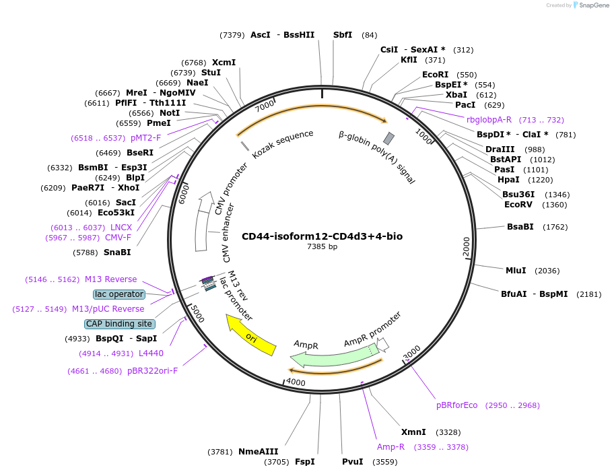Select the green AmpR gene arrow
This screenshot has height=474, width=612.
pyautogui.click(x=330, y=357)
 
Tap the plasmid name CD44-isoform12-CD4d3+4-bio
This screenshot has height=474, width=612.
pyautogui.click(x=322, y=236)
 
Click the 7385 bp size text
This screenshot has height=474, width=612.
pyautogui.click(x=322, y=246)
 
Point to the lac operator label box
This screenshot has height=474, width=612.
pyautogui.click(x=119, y=294)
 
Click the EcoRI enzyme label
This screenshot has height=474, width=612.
pyautogui.click(x=435, y=75)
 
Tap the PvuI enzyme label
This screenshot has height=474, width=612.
pyautogui.click(x=352, y=462)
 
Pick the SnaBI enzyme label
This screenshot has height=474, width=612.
pyautogui.click(x=117, y=252)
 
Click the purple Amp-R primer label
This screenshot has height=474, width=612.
pyautogui.click(x=390, y=446)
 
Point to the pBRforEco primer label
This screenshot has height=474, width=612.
pyautogui.click(x=456, y=405)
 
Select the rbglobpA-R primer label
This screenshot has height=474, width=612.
pyautogui.click(x=489, y=120)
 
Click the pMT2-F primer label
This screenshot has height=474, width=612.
pyautogui.click(x=146, y=138)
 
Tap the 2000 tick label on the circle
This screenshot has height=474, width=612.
pyautogui.click(x=466, y=246)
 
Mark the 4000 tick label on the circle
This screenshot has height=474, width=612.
pyautogui.click(x=296, y=382)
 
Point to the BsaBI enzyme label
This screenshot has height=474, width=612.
pyautogui.click(x=520, y=227)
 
